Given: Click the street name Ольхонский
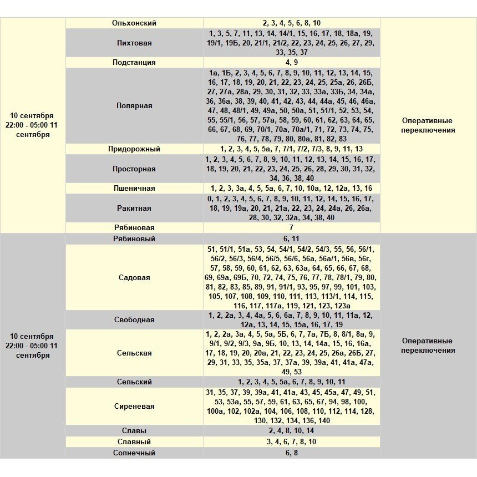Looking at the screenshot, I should pos(134,23).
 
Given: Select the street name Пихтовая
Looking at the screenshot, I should pos(134,43).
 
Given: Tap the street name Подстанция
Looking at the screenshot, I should pos(134,63).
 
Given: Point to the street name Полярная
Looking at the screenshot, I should pos(134,105).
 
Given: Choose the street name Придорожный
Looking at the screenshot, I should pos(134,149).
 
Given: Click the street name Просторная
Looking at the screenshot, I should pos(134,169).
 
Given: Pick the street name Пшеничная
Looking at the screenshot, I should pos(134,189).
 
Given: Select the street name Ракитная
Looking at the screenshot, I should pos(134,208).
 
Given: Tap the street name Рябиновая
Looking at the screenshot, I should pos(134,227).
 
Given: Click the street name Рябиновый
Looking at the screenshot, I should pos(134,238).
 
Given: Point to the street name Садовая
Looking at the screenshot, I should pos(134,277).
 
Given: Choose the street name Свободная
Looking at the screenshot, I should pos(134,320).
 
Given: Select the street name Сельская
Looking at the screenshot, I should pos(134,353).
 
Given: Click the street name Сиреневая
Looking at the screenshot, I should pos(134,406).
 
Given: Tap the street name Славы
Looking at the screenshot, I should pos(134,430).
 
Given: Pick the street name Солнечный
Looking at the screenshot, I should pos(134,453).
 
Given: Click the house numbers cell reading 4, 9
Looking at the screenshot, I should pos(292,63).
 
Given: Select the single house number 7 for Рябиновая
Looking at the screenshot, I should pos(291,227).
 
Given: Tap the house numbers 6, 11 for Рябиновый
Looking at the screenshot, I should pos(292,238).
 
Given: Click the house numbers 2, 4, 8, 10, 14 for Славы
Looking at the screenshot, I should pos(292,430).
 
